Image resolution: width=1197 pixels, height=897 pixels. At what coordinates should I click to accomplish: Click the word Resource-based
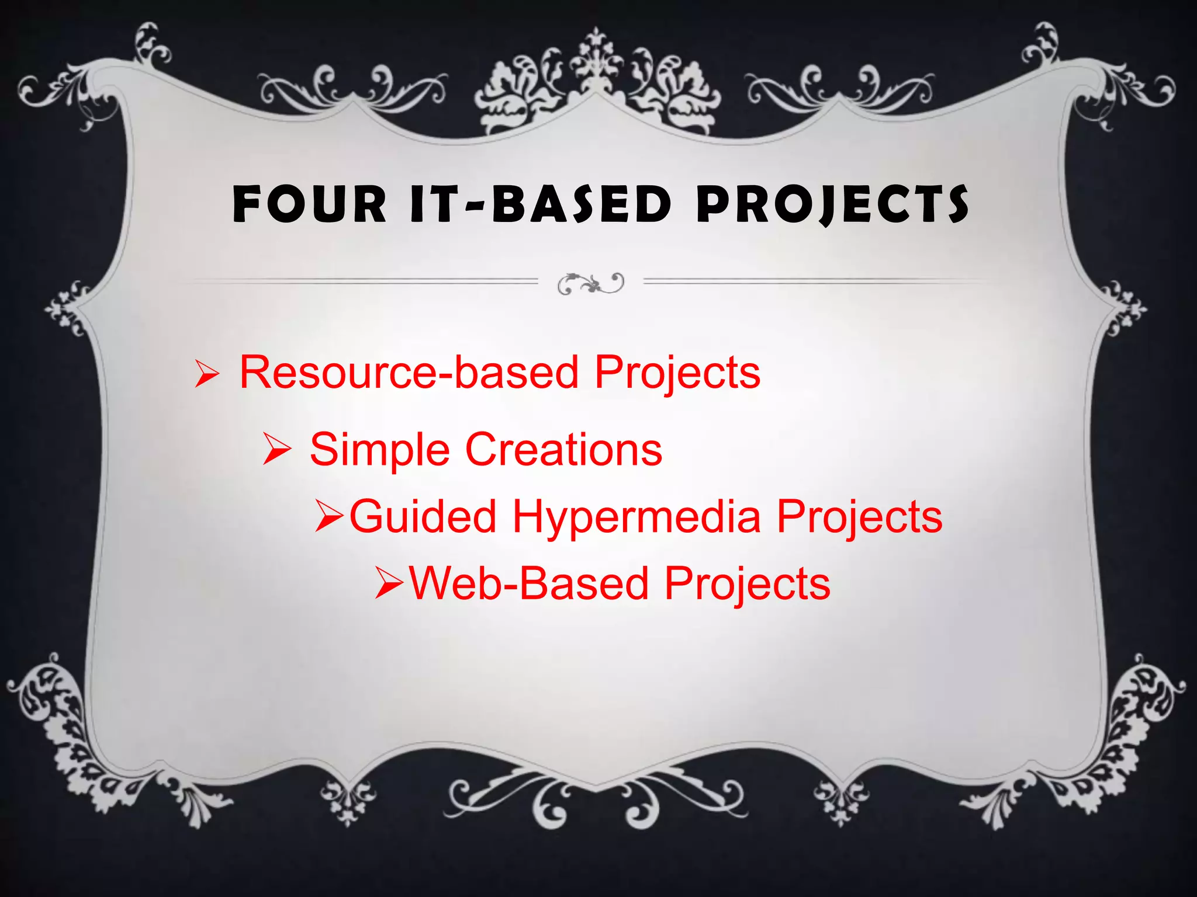tap(409, 373)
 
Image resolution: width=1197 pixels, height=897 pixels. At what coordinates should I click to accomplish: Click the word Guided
tap(423, 516)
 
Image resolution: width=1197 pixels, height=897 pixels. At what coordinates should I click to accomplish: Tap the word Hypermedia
tap(637, 517)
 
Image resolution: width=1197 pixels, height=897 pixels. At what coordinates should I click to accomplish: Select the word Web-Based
tap(530, 583)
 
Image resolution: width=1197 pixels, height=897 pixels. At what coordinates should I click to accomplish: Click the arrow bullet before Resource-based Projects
tap(206, 374)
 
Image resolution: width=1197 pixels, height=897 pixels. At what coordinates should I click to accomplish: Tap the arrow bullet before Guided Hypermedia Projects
tap(331, 516)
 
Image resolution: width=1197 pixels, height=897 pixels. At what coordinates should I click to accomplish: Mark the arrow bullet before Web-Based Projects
tap(390, 583)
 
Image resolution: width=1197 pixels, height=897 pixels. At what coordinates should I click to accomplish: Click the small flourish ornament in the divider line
tap(591, 284)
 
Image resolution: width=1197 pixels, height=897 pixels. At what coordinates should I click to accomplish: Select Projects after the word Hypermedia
tap(859, 517)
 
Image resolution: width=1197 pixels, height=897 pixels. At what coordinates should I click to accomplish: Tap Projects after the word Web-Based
tap(748, 585)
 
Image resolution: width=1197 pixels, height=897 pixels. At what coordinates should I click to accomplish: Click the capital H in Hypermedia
tap(528, 516)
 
